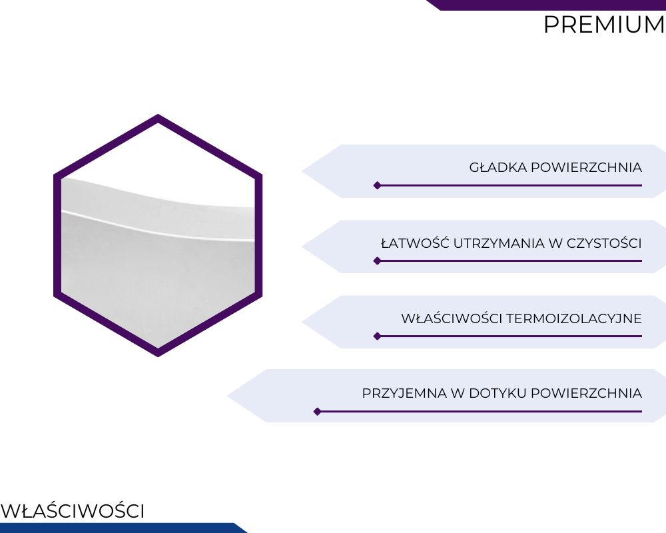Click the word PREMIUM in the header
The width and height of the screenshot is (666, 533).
pos(605,25)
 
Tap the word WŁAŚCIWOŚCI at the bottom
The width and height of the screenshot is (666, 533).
pos(73,510)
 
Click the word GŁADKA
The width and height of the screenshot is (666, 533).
pos(498,167)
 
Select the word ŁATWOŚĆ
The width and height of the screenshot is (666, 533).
pos(415,243)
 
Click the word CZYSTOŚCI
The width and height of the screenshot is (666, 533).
pos(604,243)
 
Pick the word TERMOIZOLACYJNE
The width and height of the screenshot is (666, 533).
pos(574,318)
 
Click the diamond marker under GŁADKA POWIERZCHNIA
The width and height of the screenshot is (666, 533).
pos(377,185)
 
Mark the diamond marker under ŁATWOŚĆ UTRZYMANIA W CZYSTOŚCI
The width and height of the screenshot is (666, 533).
pos(377,261)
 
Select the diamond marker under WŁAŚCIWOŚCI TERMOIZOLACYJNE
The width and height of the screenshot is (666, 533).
pos(377,336)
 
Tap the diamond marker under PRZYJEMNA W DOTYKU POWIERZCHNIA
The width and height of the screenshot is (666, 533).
pos(317,412)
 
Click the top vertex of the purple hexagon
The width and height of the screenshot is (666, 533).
pos(158,115)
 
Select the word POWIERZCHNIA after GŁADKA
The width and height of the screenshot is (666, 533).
pos(586,167)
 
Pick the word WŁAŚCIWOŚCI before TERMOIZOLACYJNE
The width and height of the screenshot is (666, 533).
pos(452,318)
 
